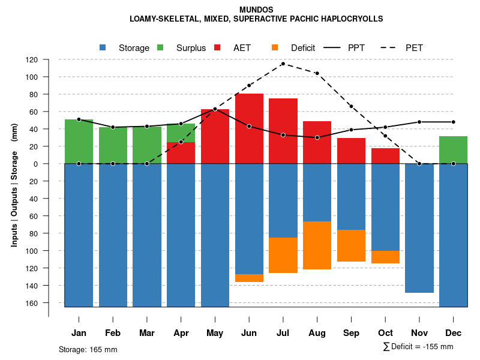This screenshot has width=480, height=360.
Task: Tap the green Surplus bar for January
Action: point(79,142)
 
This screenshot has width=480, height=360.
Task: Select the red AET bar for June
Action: point(249,128)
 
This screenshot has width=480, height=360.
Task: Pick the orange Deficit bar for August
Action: point(317,245)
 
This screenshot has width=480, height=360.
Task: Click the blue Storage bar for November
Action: point(419,228)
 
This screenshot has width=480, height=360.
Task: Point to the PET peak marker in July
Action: point(283,64)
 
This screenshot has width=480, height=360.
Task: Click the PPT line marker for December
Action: point(454,122)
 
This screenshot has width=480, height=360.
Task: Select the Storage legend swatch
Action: point(103,47)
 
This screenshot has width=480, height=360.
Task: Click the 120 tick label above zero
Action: point(49,59)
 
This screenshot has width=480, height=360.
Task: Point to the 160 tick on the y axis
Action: point(49,302)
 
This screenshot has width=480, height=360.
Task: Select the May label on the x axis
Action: point(215,333)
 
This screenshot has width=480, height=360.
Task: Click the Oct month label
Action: point(386,333)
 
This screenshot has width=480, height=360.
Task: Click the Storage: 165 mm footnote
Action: point(88,349)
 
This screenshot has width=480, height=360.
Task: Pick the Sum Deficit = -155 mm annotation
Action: point(418,347)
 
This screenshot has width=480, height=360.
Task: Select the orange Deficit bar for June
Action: point(249,278)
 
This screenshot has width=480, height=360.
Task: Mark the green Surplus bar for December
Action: point(454,150)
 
